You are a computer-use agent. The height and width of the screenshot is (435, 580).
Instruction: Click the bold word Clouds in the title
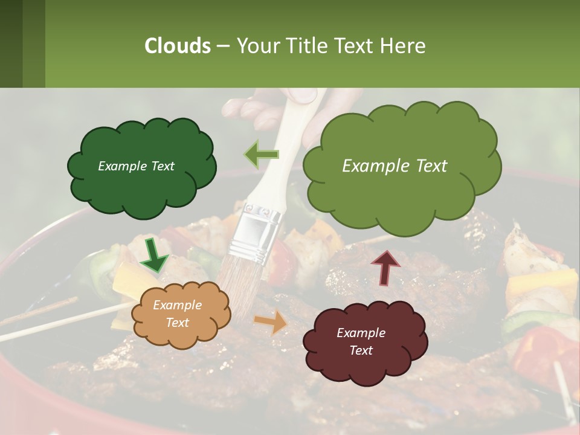[x=178, y=46]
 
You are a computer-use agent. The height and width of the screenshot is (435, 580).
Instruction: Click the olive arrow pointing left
[x=261, y=154]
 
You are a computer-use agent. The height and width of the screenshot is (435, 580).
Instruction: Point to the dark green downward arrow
[x=155, y=256]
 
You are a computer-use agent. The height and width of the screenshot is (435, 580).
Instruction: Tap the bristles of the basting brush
[x=239, y=290]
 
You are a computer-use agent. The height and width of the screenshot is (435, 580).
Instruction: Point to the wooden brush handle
[x=296, y=139]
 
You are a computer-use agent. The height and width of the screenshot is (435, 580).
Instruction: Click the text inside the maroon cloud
[x=361, y=341]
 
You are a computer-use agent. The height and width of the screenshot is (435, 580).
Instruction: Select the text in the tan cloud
[x=177, y=314]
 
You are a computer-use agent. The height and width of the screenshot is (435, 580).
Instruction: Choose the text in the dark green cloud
[x=136, y=166]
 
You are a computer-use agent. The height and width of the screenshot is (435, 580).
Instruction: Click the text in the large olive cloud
[x=395, y=166]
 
